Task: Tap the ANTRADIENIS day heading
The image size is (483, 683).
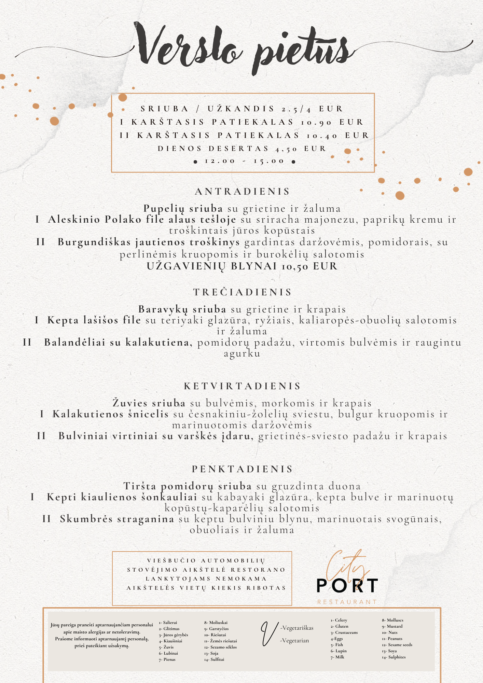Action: point(242,191)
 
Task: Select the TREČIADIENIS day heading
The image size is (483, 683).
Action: point(243,292)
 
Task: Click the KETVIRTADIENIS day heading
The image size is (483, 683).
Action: point(243,386)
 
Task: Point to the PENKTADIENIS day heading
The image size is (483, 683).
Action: point(243,469)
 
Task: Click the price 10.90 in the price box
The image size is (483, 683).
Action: point(316,122)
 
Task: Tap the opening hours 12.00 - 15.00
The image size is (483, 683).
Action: point(244,161)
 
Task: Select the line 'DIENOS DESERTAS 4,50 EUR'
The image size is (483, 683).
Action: point(242,149)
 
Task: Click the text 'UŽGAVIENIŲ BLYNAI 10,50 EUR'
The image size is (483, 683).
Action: point(242,266)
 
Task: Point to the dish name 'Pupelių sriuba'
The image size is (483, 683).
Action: point(183,208)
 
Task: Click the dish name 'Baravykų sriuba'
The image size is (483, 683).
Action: point(182,309)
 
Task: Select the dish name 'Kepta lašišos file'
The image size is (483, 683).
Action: point(94,320)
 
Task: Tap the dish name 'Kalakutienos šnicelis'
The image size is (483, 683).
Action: point(110,414)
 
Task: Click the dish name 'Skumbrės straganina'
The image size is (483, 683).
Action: point(117,519)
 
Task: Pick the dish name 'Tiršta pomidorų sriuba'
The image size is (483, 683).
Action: point(188,486)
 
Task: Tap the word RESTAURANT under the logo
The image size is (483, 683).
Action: point(347,602)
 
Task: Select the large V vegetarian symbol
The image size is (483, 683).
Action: point(269,633)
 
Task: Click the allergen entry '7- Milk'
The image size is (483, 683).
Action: point(337,657)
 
